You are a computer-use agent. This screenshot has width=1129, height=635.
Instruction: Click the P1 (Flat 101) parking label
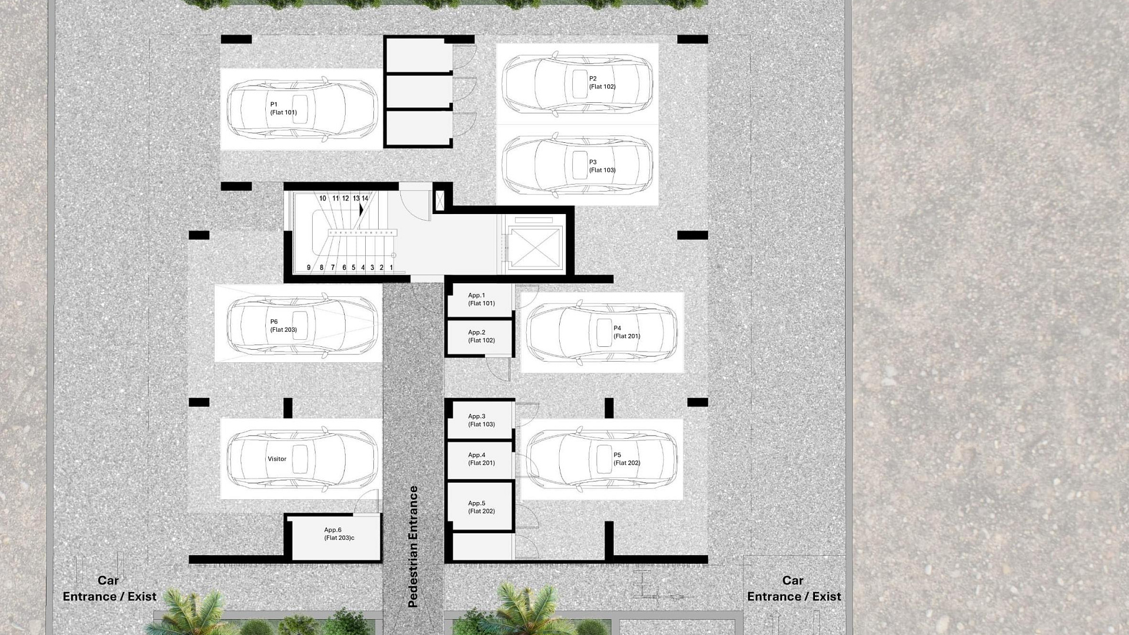[x=283, y=108]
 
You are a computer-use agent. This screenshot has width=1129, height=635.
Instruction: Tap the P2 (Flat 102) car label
[x=602, y=82]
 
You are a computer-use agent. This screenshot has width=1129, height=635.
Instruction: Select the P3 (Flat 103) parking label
[x=602, y=166]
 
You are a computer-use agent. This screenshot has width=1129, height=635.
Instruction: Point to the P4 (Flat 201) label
[x=627, y=332]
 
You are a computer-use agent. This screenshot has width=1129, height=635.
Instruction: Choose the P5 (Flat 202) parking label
[x=627, y=459]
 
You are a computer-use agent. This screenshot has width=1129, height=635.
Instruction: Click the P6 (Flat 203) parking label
[x=283, y=326]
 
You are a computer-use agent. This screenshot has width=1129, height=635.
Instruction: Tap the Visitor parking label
[x=277, y=459]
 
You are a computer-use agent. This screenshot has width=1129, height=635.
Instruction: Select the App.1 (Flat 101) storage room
[x=480, y=301]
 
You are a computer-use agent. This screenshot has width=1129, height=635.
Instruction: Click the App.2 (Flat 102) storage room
[x=480, y=337]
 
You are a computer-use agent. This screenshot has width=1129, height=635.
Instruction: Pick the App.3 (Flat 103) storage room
[x=480, y=420]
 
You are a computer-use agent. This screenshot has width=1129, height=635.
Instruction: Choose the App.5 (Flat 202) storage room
[x=480, y=507]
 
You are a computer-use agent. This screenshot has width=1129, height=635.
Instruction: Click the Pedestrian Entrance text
[x=413, y=547]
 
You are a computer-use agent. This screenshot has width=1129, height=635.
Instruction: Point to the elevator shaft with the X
[x=535, y=245]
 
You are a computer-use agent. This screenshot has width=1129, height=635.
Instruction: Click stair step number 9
[x=309, y=268]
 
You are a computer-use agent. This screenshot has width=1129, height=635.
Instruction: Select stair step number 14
[x=365, y=199]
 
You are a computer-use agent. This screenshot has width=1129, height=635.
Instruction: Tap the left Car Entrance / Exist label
[x=109, y=589]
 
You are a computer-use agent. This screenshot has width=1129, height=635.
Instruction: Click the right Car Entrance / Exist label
[x=794, y=589]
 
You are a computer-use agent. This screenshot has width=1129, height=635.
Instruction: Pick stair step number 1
[x=391, y=268]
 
